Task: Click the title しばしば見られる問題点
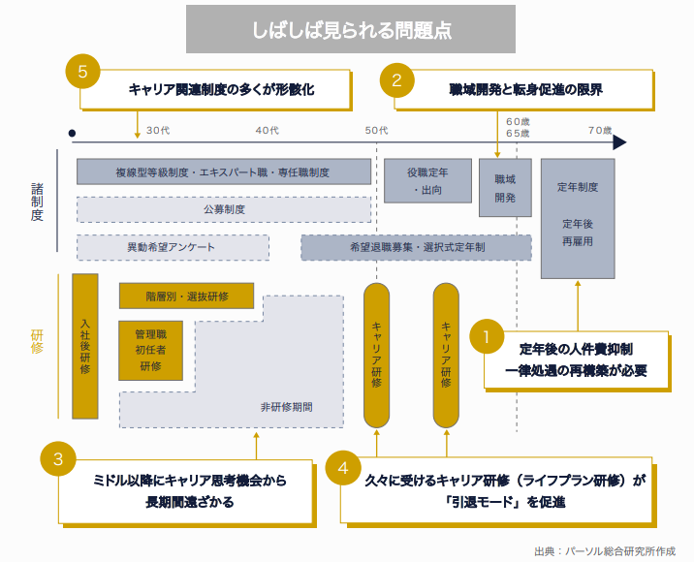347,29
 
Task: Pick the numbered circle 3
58,460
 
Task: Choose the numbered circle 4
343,468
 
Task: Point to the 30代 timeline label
159,131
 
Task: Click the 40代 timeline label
268,131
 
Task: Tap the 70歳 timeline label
600,131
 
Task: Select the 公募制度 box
224,209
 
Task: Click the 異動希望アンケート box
172,247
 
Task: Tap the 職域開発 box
505,188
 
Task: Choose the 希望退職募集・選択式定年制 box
417,247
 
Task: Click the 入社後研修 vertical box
85,347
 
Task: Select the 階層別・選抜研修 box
187,296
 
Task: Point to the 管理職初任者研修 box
150,350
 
